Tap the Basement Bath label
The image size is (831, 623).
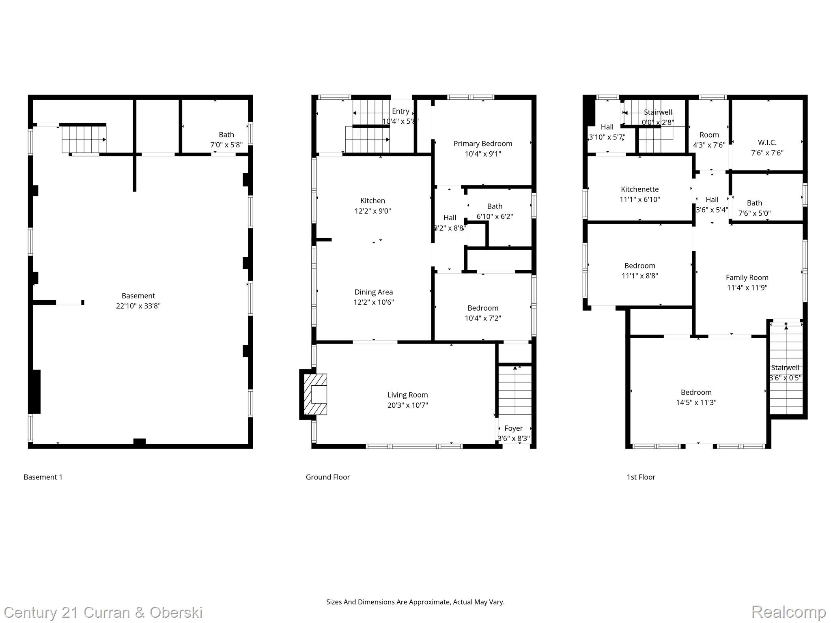(226, 135)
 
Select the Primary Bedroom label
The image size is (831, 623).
(482, 144)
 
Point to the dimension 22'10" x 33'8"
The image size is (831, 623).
(138, 306)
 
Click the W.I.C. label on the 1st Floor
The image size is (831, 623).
(767, 143)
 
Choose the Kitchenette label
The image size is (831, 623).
(639, 189)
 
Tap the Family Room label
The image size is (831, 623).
(747, 278)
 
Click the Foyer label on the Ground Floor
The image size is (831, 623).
(513, 428)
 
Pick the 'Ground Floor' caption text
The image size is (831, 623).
(327, 477)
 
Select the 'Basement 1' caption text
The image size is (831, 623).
(43, 477)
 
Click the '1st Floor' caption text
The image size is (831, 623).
(641, 477)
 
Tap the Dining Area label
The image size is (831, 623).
(373, 292)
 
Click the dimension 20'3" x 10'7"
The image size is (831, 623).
(407, 405)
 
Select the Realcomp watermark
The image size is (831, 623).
(788, 612)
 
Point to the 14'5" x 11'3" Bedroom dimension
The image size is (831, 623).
(696, 403)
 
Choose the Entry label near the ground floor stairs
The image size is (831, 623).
(400, 111)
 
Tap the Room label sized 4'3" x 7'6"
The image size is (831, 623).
(709, 135)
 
